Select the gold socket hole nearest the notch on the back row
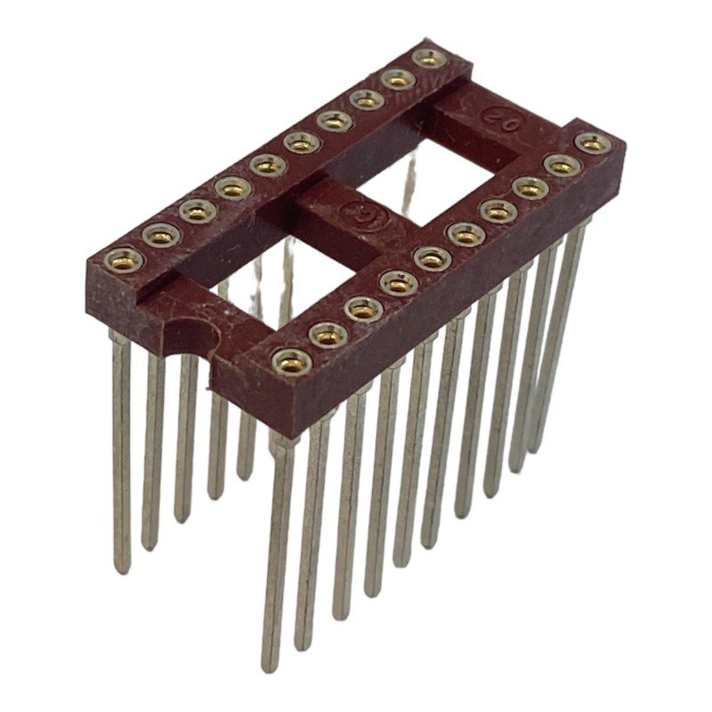[125, 259]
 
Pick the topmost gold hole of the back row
[430, 59]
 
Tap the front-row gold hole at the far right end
[592, 142]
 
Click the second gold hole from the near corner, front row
[328, 334]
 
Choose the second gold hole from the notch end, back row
[161, 234]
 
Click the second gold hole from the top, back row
[398, 79]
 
